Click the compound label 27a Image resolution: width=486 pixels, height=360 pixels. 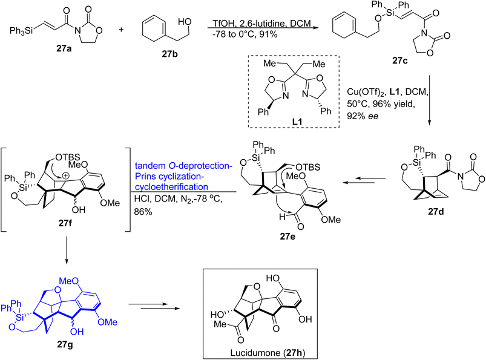tap(64, 48)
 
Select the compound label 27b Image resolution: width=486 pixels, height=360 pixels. tap(170, 54)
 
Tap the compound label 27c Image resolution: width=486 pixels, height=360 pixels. tap(400, 61)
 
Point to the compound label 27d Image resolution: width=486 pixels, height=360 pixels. tap(436, 211)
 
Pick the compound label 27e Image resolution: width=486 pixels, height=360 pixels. tap(287, 237)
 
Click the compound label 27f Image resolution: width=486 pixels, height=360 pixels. tap(65, 223)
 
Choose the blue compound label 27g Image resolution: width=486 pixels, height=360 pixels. tap(65, 344)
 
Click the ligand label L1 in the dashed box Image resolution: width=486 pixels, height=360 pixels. tap(297, 122)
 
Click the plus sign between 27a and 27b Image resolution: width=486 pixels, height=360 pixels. tap(121, 30)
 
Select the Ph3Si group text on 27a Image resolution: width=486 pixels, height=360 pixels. tap(21, 31)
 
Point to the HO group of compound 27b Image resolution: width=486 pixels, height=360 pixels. tap(185, 22)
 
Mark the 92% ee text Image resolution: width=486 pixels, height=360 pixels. tap(363, 117)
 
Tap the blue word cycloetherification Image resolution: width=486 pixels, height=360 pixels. tap(171, 187)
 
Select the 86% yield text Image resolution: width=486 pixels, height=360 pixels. tap(143, 212)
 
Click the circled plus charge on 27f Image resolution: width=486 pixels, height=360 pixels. tap(66, 175)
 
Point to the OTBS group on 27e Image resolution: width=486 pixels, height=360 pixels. tap(308, 168)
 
